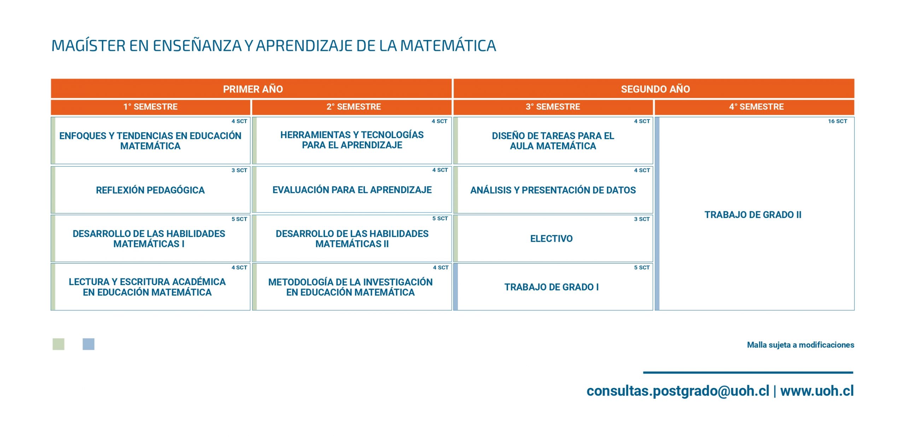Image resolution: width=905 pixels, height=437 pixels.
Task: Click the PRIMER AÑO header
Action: pyautogui.click(x=253, y=89)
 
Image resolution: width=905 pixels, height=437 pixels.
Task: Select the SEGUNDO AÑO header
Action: pyautogui.click(x=655, y=89)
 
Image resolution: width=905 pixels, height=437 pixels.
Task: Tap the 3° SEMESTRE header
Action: pyautogui.click(x=553, y=107)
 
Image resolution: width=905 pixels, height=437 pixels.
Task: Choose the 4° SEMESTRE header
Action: pyautogui.click(x=756, y=107)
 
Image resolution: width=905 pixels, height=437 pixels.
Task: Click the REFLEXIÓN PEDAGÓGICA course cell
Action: pyautogui.click(x=150, y=190)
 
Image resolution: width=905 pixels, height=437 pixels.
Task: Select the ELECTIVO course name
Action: pyautogui.click(x=551, y=238)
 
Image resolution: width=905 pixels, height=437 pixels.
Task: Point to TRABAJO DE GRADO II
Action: pyautogui.click(x=753, y=215)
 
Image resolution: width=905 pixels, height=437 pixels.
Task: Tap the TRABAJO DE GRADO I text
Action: pyautogui.click(x=551, y=287)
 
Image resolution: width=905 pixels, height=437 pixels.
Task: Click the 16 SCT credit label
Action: pyautogui.click(x=837, y=121)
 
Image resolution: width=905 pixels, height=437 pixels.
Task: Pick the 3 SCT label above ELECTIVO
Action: pyautogui.click(x=642, y=219)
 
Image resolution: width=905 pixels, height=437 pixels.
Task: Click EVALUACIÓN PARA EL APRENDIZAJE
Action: pyautogui.click(x=352, y=190)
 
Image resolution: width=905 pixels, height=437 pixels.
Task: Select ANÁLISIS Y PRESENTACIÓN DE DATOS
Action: pyautogui.click(x=553, y=190)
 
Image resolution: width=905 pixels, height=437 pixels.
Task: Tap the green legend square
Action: pyautogui.click(x=58, y=344)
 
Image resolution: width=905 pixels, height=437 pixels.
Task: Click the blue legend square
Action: pyautogui.click(x=88, y=344)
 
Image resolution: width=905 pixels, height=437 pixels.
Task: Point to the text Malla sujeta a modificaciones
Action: pyautogui.click(x=800, y=345)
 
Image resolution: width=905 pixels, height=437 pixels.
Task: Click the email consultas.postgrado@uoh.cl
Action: pyautogui.click(x=678, y=391)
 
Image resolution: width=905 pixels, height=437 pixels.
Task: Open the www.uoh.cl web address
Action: pyautogui.click(x=817, y=391)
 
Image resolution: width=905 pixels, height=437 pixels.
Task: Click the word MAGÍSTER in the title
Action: pyautogui.click(x=88, y=46)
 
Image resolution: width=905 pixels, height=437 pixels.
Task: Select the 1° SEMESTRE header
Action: pyautogui.click(x=150, y=107)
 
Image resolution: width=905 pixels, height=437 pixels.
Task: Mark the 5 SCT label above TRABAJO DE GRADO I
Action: pyautogui.click(x=642, y=267)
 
